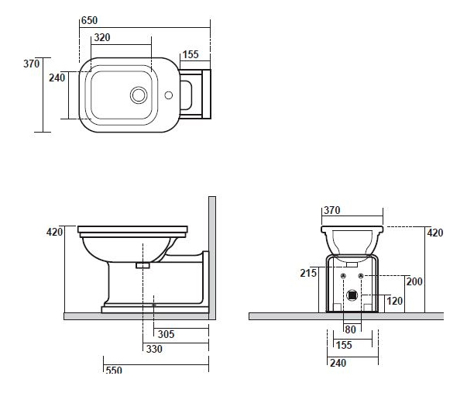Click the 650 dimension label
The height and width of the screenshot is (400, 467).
(89, 20)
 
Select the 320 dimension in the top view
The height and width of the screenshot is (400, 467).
(102, 37)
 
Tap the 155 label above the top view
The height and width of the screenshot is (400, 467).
(191, 54)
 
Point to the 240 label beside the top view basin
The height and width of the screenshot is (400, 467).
(57, 78)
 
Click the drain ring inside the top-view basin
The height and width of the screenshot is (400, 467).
(139, 95)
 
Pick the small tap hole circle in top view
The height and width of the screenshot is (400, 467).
(169, 95)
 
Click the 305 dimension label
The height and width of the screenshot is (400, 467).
(166, 334)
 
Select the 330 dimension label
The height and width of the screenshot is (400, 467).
(154, 349)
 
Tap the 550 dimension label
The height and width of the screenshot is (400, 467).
(114, 370)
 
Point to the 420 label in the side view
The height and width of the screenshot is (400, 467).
(54, 232)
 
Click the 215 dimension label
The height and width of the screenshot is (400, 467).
(308, 273)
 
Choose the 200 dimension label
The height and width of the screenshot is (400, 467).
(414, 281)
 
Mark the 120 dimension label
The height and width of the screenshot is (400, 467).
(395, 301)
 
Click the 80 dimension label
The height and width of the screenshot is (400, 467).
(350, 329)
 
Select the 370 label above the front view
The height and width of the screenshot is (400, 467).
(331, 210)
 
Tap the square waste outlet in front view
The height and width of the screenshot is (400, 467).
(352, 295)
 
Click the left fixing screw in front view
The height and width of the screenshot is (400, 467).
(343, 276)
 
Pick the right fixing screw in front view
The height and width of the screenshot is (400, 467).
(361, 276)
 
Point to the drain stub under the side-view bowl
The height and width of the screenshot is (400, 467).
(143, 265)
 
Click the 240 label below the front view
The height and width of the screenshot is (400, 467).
(338, 363)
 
